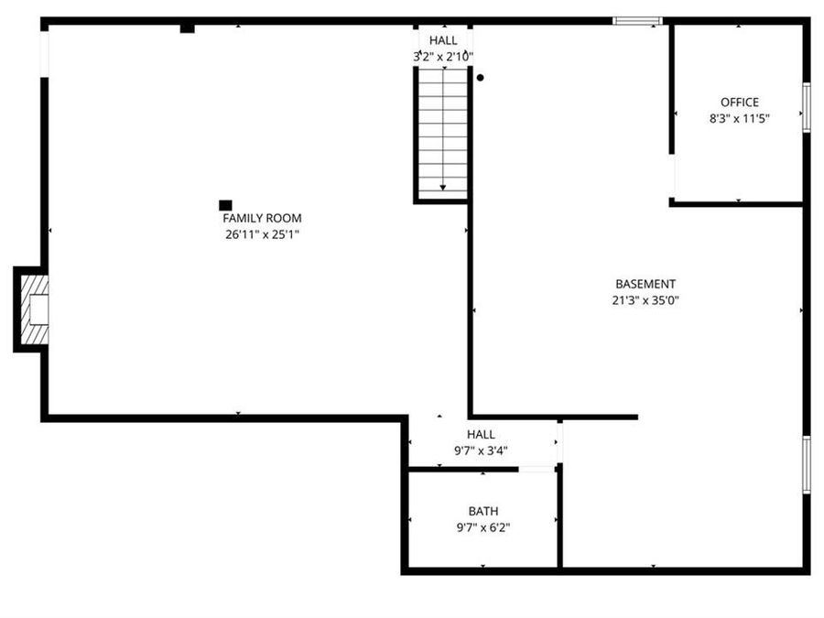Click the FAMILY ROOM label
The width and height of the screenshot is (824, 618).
pyautogui.click(x=262, y=218)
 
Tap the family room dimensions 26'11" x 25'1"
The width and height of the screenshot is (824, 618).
pyautogui.click(x=262, y=234)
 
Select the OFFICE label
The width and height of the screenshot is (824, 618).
pyautogui.click(x=739, y=103)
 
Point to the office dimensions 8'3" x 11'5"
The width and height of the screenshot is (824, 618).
pyautogui.click(x=739, y=118)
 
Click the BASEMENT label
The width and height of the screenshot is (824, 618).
pyautogui.click(x=645, y=284)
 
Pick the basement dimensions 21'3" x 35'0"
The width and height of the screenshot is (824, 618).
pyautogui.click(x=645, y=299)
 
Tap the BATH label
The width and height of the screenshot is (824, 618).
pyautogui.click(x=482, y=511)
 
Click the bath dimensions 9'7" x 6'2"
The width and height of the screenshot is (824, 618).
pyautogui.click(x=482, y=526)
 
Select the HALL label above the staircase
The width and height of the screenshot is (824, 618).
pyautogui.click(x=443, y=41)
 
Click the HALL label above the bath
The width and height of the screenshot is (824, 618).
pyautogui.click(x=481, y=434)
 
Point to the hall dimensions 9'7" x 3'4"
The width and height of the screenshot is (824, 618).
pyautogui.click(x=481, y=450)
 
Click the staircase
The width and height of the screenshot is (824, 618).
pyautogui.click(x=443, y=128)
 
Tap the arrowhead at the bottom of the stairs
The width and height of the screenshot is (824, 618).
pyautogui.click(x=443, y=187)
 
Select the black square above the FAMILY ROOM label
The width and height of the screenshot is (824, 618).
pyautogui.click(x=225, y=205)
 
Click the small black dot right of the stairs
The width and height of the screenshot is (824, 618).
pyautogui.click(x=480, y=78)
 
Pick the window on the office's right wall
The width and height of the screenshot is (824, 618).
pyautogui.click(x=807, y=107)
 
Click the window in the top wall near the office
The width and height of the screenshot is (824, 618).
pyautogui.click(x=637, y=20)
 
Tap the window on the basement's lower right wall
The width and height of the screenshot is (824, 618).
pyautogui.click(x=807, y=465)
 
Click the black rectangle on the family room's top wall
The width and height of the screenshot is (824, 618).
pyautogui.click(x=188, y=28)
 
